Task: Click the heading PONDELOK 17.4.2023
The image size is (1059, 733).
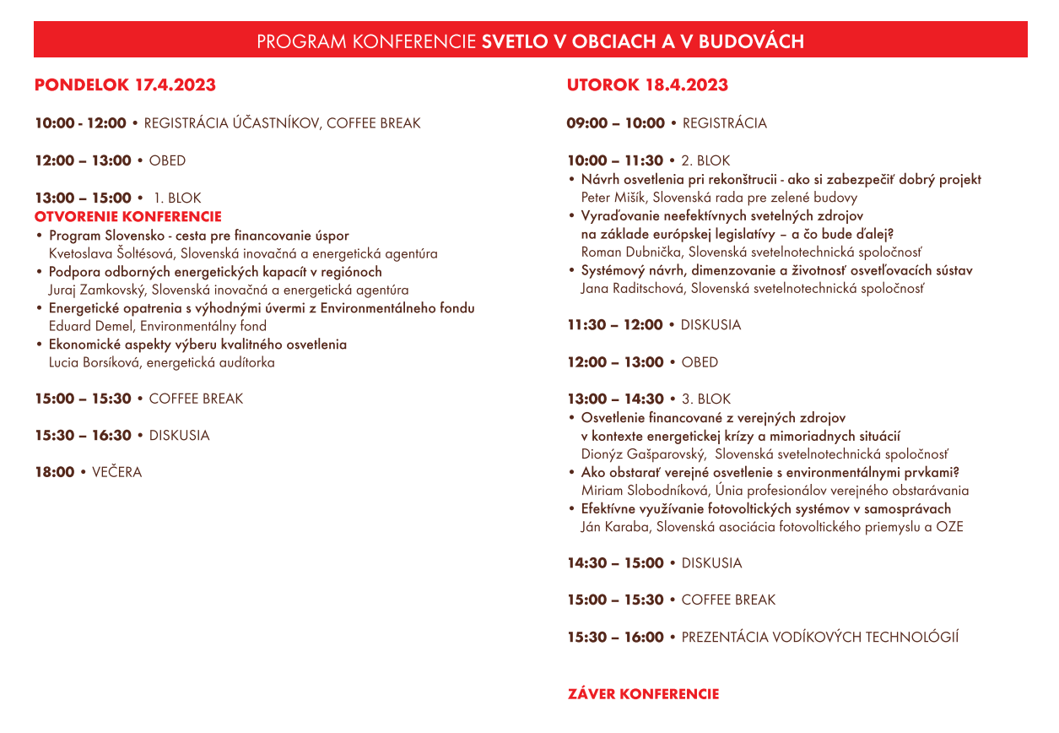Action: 125,85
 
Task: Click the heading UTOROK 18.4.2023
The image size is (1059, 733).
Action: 647,85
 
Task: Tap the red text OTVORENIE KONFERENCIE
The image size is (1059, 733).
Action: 127,217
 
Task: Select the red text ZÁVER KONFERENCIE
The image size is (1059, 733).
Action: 643,694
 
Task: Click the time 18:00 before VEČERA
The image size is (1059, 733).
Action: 55,473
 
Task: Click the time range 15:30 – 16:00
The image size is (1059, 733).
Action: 615,638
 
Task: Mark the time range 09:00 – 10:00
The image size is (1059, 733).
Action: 615,123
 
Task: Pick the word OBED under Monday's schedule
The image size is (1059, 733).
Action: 167,160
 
